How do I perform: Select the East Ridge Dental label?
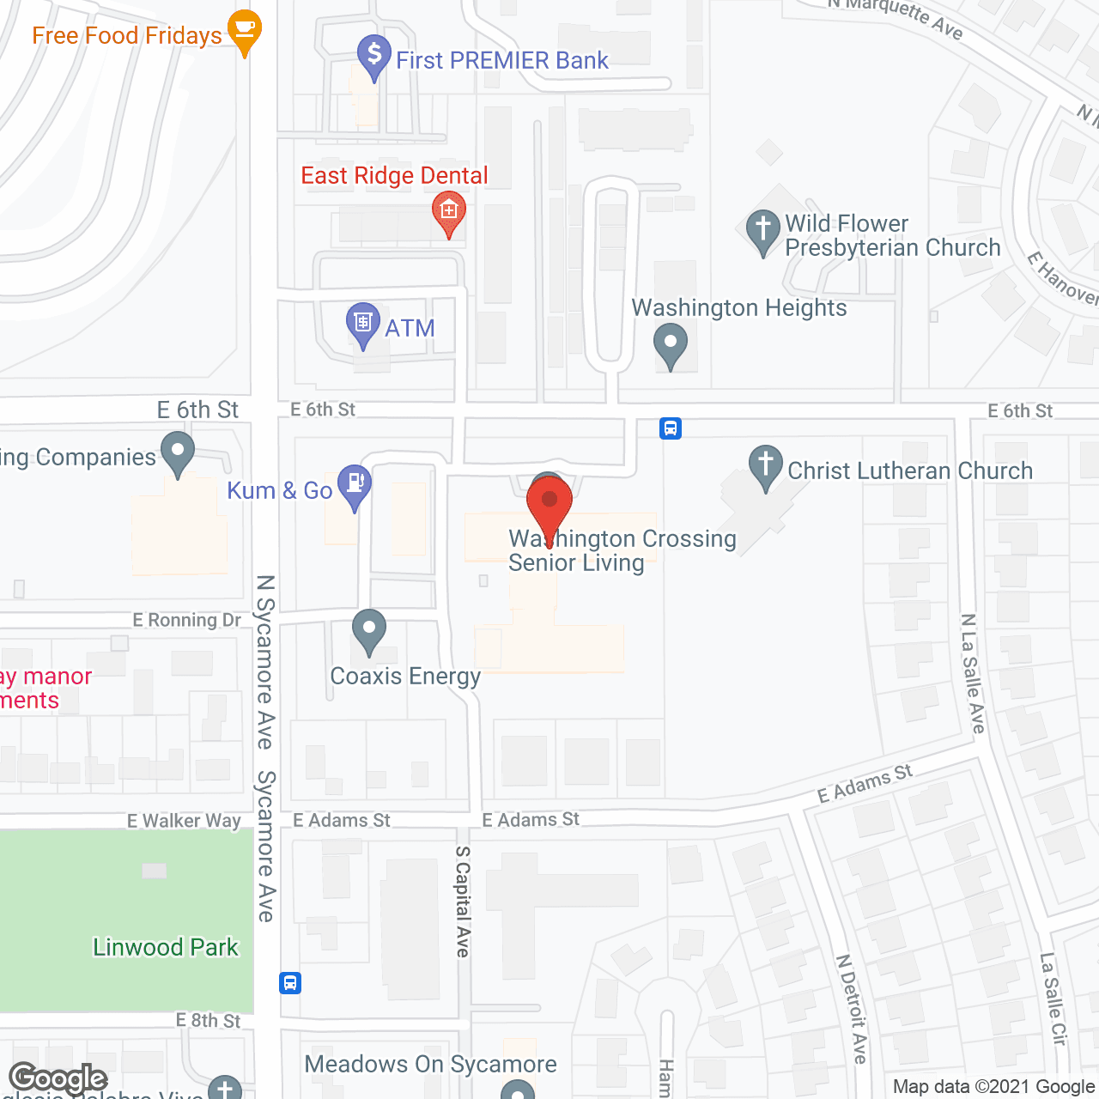click(x=394, y=176)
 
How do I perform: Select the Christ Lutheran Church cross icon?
click(x=765, y=466)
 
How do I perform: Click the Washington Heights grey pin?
click(x=671, y=344)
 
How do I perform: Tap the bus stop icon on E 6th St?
click(x=671, y=428)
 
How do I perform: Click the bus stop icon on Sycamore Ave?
click(x=290, y=982)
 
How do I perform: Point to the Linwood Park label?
click(x=165, y=947)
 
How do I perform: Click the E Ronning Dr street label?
click(x=187, y=620)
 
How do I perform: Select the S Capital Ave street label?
click(x=463, y=902)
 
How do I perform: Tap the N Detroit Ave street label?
click(x=852, y=1009)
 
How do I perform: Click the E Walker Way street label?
click(x=184, y=821)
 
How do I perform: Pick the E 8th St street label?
click(x=209, y=1020)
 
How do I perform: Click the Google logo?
click(x=58, y=1078)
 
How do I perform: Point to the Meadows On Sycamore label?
click(x=430, y=1065)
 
